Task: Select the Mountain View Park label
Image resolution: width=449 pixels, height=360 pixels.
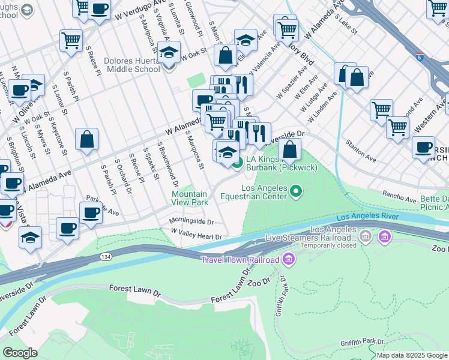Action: pos(189,199)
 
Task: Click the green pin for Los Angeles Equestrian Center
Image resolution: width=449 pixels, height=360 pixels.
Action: pos(295,192)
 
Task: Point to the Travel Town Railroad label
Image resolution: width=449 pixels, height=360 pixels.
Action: pos(240,259)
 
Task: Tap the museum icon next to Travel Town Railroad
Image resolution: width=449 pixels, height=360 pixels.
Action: pos(289,259)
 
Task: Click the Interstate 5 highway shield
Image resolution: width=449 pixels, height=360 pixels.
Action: pos(420,57)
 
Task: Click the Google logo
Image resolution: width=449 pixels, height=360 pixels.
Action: pos(20,352)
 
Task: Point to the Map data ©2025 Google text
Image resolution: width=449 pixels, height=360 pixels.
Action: pos(412,355)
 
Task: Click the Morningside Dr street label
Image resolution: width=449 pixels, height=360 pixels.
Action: pos(191,221)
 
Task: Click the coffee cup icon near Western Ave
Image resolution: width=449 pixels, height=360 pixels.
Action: pos(424,147)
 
